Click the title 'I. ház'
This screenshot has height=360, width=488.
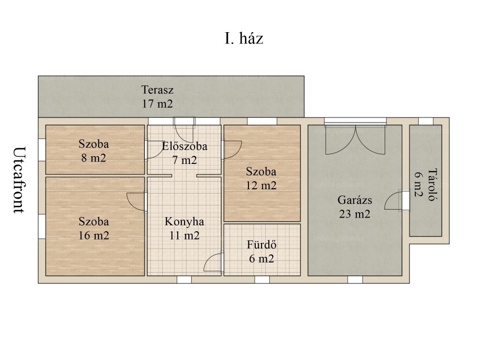pos(244,39)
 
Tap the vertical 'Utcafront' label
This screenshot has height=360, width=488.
pos(19,180)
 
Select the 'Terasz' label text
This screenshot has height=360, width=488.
pos(157,90)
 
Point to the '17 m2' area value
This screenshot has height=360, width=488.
pos(157,103)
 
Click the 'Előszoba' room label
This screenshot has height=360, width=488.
pos(184,146)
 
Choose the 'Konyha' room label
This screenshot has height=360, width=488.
pos(184,221)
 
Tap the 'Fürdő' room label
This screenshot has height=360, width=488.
pos(262,244)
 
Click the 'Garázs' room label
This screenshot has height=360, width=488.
pos(355,200)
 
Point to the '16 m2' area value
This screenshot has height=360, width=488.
pos(94,236)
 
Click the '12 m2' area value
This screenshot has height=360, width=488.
pos(261,186)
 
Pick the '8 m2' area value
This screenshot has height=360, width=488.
pos(94,158)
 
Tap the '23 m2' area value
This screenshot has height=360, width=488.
pos(355,214)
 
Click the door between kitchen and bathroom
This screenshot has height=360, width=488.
pos(214,262)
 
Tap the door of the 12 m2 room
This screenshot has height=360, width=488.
pos(232,149)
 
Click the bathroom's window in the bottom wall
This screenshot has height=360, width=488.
pos(262,280)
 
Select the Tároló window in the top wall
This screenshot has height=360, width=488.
pos(426,121)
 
